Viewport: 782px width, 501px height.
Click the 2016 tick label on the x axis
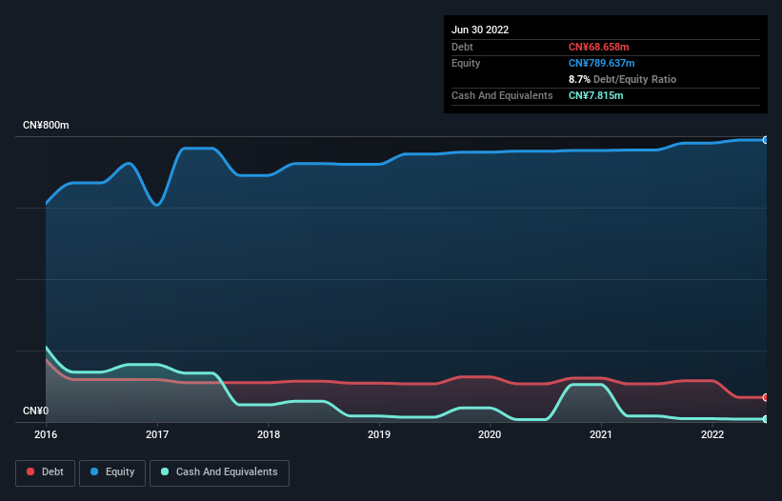pyautogui.click(x=46, y=434)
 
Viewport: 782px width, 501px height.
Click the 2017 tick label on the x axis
pyautogui.click(x=157, y=434)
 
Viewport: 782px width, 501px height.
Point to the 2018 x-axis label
pyautogui.click(x=269, y=434)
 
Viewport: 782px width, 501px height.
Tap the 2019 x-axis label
pyautogui.click(x=379, y=434)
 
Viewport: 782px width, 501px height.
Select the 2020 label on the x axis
pyautogui.click(x=490, y=434)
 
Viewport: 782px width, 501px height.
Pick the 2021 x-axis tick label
pyautogui.click(x=601, y=434)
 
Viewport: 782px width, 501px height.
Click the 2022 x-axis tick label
pyautogui.click(x=712, y=434)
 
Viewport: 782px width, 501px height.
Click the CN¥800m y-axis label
pyautogui.click(x=46, y=126)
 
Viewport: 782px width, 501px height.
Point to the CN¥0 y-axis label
pyautogui.click(x=36, y=411)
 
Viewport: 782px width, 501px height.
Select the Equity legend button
pyautogui.click(x=112, y=471)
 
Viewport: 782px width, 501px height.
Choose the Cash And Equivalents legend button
pyautogui.click(x=219, y=471)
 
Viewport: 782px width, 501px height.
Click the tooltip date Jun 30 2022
pyautogui.click(x=480, y=30)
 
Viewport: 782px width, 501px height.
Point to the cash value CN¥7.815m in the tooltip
pyautogui.click(x=596, y=95)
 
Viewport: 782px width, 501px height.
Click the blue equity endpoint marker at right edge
pyautogui.click(x=766, y=140)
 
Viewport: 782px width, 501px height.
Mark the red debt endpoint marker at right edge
pyautogui.click(x=766, y=397)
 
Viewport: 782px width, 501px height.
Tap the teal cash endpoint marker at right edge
pyautogui.click(x=766, y=419)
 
